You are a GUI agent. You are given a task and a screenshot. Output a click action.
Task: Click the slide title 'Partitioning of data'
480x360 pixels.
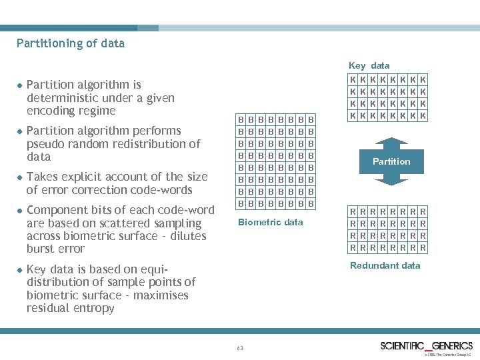click(71, 44)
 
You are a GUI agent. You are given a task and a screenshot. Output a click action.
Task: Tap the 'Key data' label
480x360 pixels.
click(369, 65)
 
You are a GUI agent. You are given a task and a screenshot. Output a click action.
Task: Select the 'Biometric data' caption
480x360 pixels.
click(271, 222)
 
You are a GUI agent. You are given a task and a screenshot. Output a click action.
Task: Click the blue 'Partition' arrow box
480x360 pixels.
click(391, 161)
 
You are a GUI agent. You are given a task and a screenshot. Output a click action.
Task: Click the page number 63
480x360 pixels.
click(240, 347)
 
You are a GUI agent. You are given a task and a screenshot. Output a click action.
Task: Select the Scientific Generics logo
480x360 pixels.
click(426, 345)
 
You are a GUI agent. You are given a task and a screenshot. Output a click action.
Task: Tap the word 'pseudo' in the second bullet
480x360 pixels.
click(45, 144)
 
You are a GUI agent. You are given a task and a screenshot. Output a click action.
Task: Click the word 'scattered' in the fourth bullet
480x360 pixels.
click(115, 223)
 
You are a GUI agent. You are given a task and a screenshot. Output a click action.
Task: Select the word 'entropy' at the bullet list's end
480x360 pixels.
click(94, 308)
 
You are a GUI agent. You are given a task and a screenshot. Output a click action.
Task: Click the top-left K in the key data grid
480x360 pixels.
click(353, 79)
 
